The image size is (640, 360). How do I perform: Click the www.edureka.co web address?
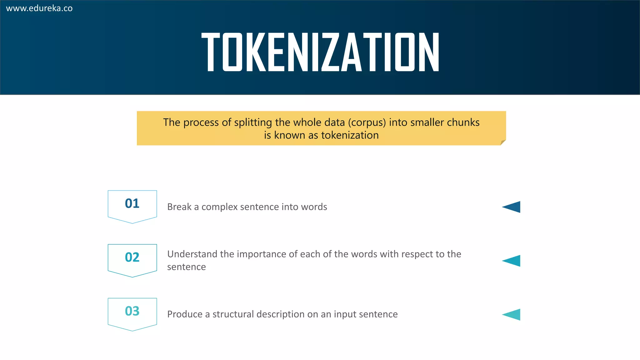39,8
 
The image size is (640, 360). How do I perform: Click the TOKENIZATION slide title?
320,52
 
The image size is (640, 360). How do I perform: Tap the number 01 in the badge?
132,203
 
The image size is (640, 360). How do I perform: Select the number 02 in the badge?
132,257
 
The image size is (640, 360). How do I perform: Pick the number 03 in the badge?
132,311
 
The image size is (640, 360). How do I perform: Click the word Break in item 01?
179,207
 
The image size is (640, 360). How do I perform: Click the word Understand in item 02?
192,254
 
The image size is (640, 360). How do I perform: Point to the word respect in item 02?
417,254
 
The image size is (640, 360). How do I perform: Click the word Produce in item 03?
185,314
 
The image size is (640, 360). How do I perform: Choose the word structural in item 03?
233,314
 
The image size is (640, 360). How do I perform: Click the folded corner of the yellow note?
502,142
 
